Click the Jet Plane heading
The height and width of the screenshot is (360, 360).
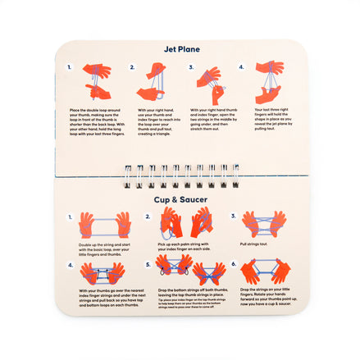tap(180, 48)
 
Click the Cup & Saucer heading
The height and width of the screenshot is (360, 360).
tap(180, 198)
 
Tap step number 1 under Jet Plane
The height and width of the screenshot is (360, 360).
tap(70, 68)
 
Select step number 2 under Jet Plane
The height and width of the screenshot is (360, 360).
tap(140, 68)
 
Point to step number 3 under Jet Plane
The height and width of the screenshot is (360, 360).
tap(192, 68)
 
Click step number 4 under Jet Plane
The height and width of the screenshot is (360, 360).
tap(241, 68)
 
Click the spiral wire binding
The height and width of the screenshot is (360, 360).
tap(180, 174)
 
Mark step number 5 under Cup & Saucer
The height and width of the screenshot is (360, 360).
tap(148, 264)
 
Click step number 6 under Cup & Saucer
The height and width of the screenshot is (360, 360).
tap(234, 264)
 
